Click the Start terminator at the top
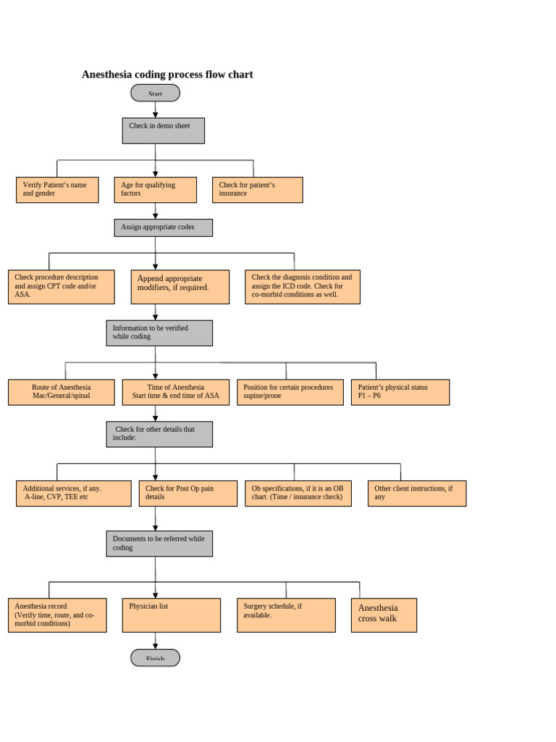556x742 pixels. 155,93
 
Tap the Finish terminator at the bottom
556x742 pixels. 155,657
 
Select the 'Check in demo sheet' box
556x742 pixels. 163,130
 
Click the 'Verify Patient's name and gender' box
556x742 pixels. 57,190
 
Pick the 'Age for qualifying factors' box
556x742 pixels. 155,190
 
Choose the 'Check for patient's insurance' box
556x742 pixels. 257,190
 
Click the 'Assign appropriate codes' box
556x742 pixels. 163,228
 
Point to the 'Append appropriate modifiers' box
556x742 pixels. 180,287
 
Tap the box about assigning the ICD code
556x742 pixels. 302,287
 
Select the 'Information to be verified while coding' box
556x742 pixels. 159,333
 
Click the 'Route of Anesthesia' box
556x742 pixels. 61,392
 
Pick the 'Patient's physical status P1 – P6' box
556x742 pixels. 400,392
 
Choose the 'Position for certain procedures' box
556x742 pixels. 290,392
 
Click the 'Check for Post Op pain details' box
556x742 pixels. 188,493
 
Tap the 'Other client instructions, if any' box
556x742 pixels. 416,493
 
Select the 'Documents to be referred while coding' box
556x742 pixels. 159,543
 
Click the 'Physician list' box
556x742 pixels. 171,615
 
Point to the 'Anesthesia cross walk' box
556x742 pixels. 384,615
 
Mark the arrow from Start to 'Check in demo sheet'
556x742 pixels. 155,109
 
